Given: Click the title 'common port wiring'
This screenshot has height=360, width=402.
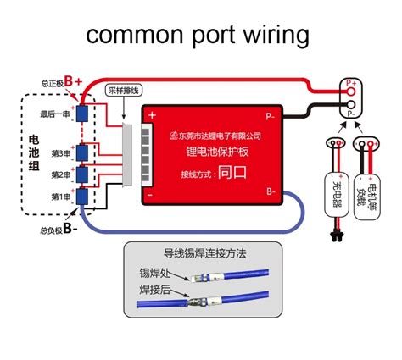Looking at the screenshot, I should click(197, 36).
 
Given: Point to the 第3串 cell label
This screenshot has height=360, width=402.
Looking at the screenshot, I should click(59, 153).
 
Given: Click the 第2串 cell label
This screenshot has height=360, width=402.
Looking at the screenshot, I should click(59, 175).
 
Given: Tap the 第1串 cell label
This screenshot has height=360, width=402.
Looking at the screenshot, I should click(59, 197).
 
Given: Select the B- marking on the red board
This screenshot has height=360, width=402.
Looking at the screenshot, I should click(270, 193).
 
